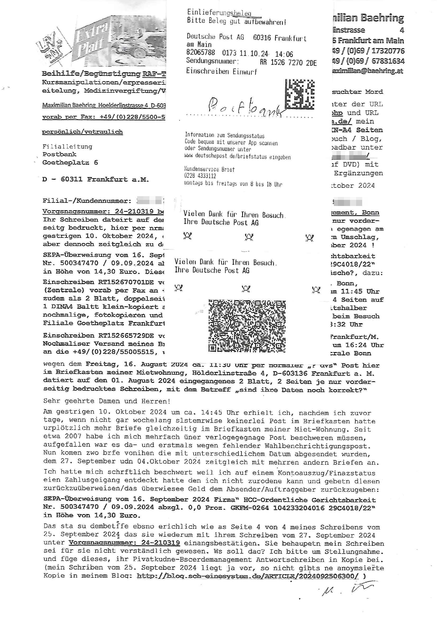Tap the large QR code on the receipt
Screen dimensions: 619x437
point(247,326)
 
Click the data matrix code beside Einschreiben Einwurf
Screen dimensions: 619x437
point(300,93)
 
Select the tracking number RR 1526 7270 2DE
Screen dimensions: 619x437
point(288,63)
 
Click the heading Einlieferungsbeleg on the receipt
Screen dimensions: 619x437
point(219,12)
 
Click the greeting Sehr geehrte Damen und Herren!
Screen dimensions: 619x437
point(107,401)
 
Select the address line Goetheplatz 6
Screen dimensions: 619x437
point(70,163)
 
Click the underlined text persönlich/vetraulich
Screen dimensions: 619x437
point(82,132)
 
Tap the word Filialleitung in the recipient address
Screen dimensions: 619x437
point(67,147)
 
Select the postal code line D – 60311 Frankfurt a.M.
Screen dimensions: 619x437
point(96,179)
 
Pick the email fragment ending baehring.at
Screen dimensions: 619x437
point(368,71)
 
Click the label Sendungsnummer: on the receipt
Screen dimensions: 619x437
point(213,61)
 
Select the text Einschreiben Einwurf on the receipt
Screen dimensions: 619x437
point(222,71)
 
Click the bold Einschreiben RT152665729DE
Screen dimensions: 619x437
point(98,336)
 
